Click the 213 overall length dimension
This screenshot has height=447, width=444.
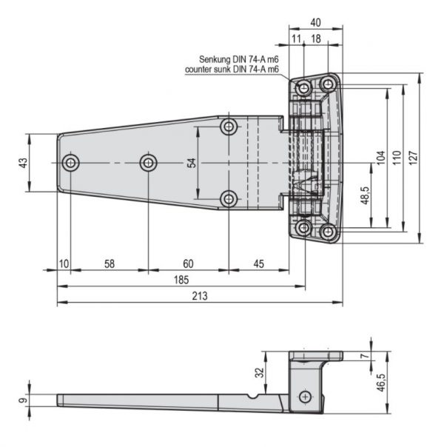pos(200,296)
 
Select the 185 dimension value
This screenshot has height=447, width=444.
pos(181,280)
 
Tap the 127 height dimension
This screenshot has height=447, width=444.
pos(413,158)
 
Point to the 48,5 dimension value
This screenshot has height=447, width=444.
pos(366,195)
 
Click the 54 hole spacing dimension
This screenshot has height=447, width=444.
pos(192,163)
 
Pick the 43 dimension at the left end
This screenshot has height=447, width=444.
pos(24,163)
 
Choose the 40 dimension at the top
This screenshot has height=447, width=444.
pos(315,22)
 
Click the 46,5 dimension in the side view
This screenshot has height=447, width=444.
pos(382,383)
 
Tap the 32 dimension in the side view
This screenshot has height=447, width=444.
pos(259,372)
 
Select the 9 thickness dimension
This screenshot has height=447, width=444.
pos(24,400)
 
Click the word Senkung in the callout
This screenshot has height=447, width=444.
pos(215,59)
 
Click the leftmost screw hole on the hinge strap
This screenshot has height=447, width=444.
pos(70,163)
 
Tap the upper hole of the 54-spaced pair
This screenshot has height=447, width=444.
pos(229,127)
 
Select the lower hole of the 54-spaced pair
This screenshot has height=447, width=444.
pos(229,199)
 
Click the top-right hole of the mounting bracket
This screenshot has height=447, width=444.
pos(329,84)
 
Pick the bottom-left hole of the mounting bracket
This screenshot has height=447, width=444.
pos(304,227)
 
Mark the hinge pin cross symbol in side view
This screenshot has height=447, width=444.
pos(305,397)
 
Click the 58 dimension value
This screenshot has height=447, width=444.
pos(110,264)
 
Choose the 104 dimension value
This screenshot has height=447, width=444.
pos(381,158)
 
